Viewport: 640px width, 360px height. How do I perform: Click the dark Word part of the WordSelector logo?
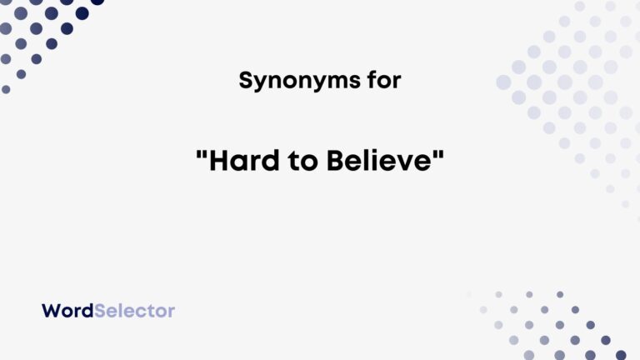click(67, 311)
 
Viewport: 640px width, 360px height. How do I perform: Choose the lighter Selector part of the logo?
click(134, 311)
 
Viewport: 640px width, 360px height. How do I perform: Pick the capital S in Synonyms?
click(245, 81)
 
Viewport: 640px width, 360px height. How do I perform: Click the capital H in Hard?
click(217, 162)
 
